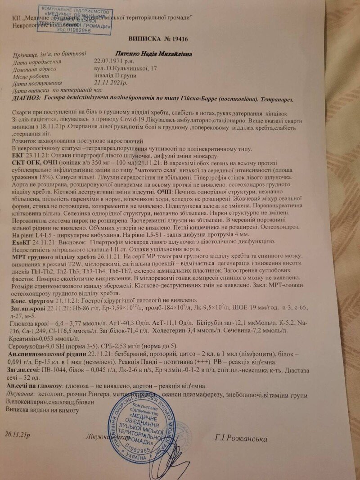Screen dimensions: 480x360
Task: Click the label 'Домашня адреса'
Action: (35, 69)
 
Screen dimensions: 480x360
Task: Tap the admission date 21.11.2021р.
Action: (111, 83)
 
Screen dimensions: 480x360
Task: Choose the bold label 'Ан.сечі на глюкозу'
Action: (36, 386)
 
